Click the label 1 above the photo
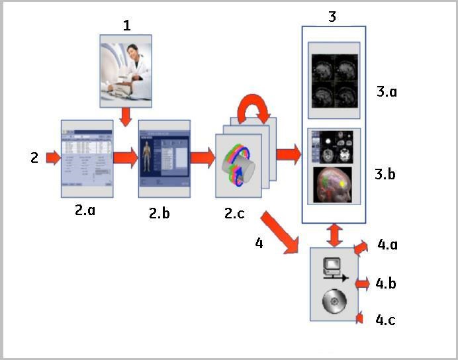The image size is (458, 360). pyautogui.click(x=126, y=25)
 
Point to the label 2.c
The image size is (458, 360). pyautogui.click(x=239, y=214)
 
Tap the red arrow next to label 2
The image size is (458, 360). pyautogui.click(x=53, y=158)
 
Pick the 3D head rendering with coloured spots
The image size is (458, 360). pyautogui.click(x=334, y=185)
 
